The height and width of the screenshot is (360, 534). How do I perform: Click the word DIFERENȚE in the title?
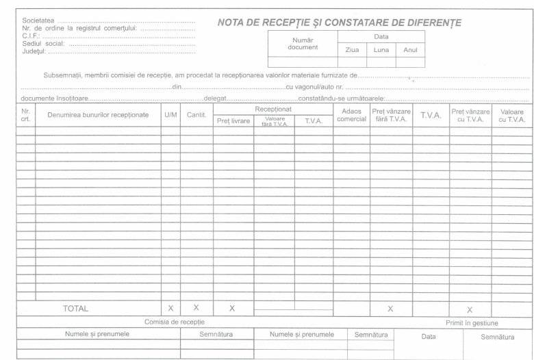tap(429, 23)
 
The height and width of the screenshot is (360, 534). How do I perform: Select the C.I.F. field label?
tap(31, 36)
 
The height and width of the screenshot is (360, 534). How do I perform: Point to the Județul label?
tap(35, 51)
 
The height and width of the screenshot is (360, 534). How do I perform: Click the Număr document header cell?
tap(303, 43)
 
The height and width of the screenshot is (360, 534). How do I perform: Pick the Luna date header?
tap(381, 50)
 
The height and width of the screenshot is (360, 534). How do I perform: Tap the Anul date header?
tap(409, 50)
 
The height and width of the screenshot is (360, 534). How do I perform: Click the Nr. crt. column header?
tap(26, 114)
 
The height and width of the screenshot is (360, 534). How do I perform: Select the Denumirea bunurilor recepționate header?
tap(98, 114)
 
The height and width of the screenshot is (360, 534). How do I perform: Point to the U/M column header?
tap(170, 114)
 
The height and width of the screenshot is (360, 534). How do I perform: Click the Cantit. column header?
tap(196, 114)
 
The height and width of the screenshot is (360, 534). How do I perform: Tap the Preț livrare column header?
tap(233, 121)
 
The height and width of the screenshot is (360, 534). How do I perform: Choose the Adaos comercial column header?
tap(351, 114)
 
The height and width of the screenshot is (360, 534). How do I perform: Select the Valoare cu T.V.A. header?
tap(511, 114)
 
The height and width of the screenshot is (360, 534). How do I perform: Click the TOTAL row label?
tap(75, 309)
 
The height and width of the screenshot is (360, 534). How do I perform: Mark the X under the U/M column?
tap(170, 309)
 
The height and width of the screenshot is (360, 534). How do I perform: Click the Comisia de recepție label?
tap(174, 322)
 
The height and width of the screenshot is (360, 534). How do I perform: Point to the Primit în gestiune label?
tap(472, 322)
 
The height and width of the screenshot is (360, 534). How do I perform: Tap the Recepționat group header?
tap(273, 109)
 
